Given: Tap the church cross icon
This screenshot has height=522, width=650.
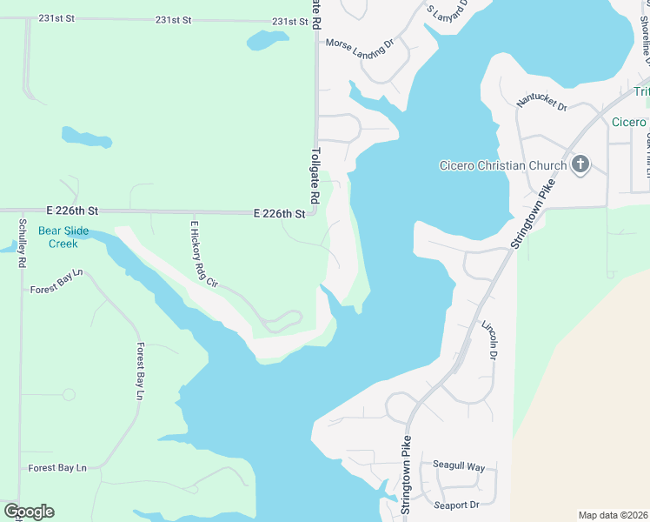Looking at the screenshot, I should click(580, 164).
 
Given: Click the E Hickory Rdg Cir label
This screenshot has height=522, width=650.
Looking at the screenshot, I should click(202, 253).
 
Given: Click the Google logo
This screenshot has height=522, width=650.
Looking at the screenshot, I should click(29, 512).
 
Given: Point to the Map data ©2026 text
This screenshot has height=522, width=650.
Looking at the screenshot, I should click(613, 515).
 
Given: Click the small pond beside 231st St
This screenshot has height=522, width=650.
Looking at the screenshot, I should click(268, 40).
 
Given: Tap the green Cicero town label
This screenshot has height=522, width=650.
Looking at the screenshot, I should click(629, 122).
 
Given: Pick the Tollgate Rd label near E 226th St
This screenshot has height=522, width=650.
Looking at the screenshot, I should click(315, 174).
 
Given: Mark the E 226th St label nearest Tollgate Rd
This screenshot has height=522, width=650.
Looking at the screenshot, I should click(280, 213).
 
